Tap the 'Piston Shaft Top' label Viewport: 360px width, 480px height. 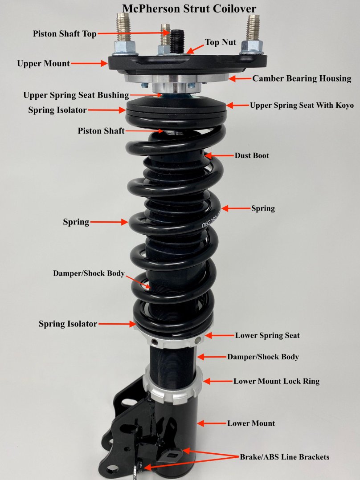coord(65,33)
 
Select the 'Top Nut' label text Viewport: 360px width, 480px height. coord(220,42)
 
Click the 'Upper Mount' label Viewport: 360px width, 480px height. coord(43,64)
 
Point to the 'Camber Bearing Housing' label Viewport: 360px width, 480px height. coord(302,79)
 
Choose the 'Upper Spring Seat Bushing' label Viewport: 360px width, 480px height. coord(76,95)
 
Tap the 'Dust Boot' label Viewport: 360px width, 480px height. coord(252,156)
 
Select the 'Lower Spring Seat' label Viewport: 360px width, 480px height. coord(267,335)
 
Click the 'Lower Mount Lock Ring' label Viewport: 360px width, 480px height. coord(276,381)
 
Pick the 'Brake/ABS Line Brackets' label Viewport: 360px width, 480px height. coord(285,457)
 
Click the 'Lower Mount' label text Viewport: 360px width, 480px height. coord(251,423)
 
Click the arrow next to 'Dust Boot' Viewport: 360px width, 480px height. coord(218,156)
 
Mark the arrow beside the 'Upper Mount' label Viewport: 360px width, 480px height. coord(89,64)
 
